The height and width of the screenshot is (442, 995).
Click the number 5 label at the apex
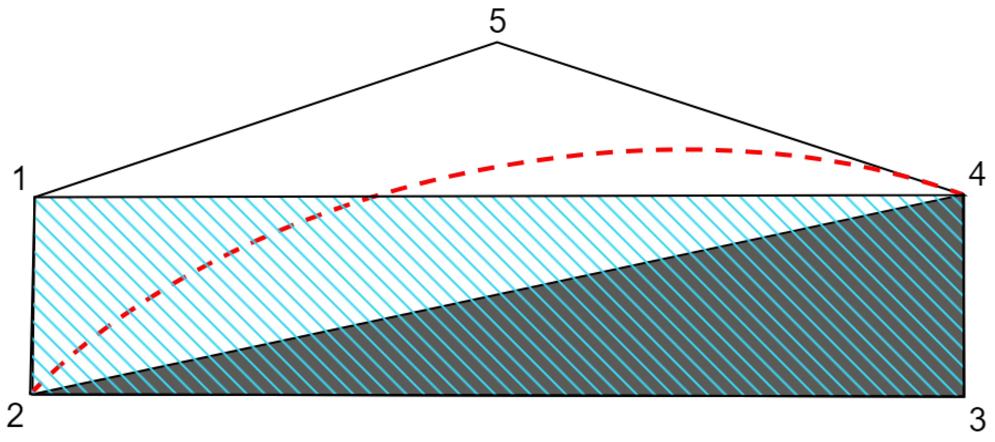coord(497,21)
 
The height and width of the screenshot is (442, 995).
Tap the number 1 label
coord(19,178)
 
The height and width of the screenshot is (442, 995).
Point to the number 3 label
coord(978,420)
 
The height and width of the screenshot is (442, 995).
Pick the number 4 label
coord(977,174)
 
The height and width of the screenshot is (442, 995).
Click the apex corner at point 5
coord(497,42)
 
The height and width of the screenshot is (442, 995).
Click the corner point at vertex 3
coord(964,396)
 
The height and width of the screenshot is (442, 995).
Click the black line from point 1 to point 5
coord(266,120)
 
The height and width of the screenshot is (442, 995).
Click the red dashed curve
coord(657,149)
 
